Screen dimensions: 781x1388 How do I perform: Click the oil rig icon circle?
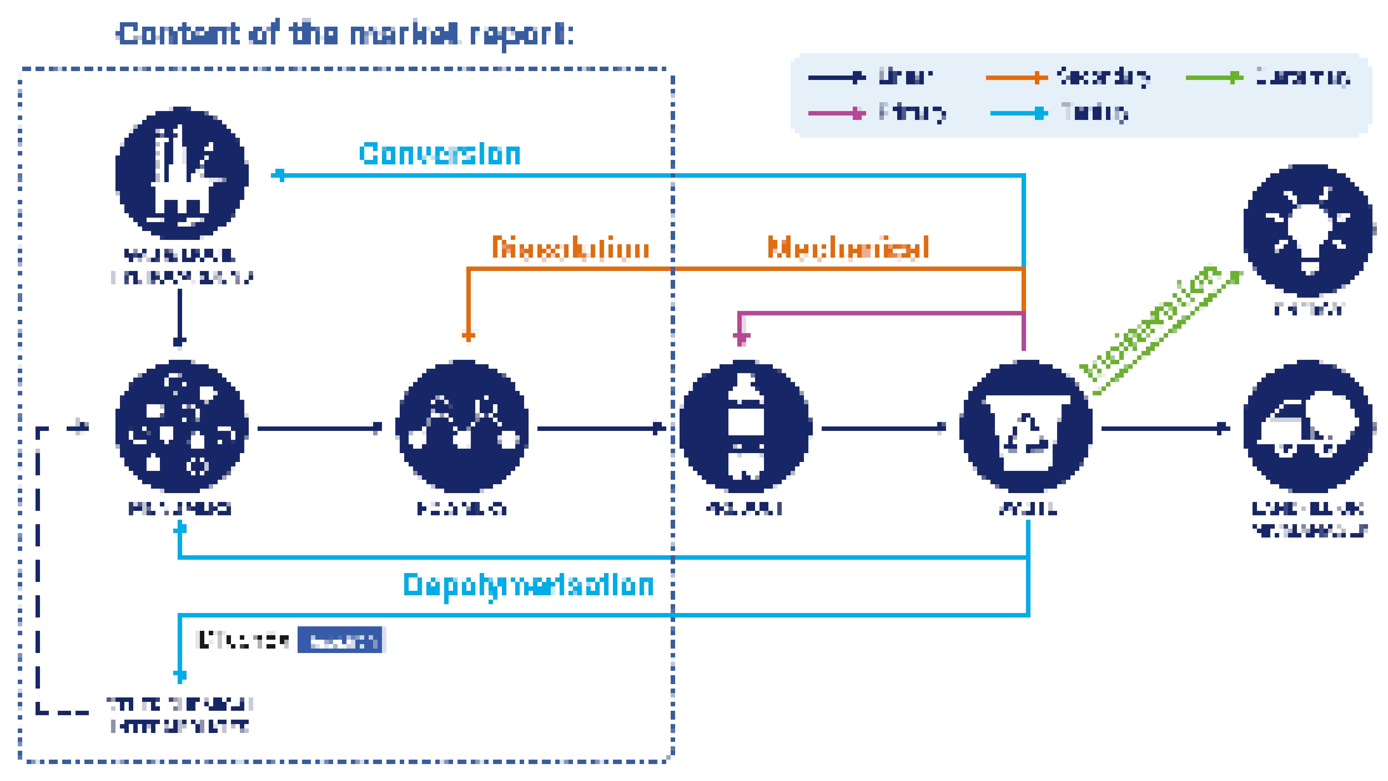[x=182, y=174]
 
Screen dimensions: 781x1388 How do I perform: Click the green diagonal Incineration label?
[x=1150, y=323]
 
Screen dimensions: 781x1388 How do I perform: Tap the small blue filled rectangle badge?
[x=340, y=640]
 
